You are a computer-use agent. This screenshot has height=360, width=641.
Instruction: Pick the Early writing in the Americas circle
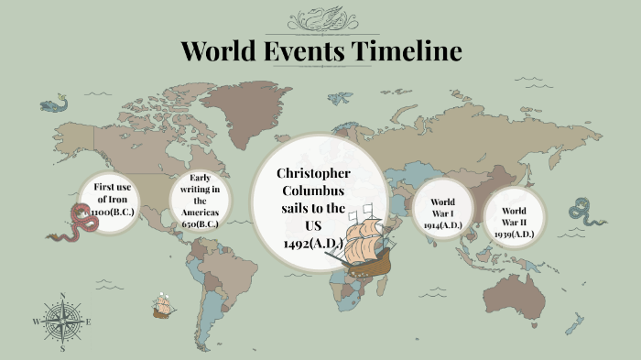tap(201, 200)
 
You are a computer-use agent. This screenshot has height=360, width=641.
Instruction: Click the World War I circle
tap(442, 212)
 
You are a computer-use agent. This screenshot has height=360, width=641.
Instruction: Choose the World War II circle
tap(514, 216)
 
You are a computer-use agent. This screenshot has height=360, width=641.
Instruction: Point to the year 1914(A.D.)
tap(442, 225)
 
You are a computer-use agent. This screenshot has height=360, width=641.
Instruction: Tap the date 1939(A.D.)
tap(514, 234)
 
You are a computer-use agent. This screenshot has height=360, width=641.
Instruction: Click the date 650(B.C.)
tap(201, 224)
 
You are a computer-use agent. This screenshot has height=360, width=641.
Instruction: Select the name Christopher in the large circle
tap(313, 174)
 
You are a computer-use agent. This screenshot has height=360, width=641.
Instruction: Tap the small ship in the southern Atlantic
tap(163, 306)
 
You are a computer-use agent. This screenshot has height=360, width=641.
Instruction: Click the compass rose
tap(62, 322)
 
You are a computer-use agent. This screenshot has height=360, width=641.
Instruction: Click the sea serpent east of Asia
tap(586, 213)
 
